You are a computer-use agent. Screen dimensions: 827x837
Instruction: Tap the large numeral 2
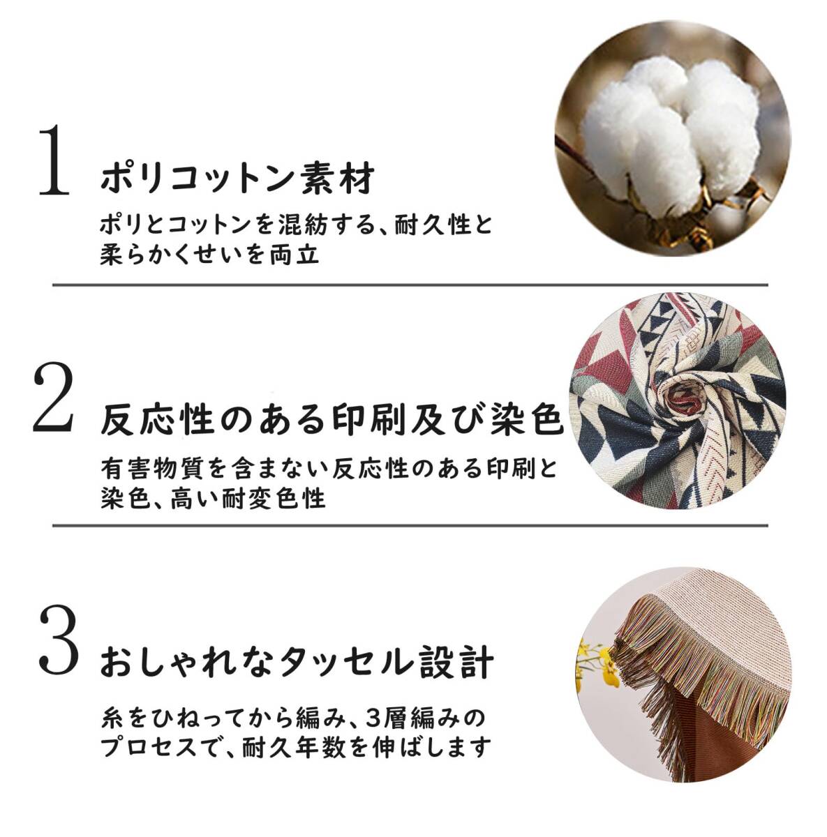pyautogui.click(x=53, y=397)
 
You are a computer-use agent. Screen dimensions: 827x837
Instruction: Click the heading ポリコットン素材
pyautogui.click(x=237, y=179)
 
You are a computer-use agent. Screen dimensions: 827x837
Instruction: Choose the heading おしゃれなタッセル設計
pyautogui.click(x=297, y=663)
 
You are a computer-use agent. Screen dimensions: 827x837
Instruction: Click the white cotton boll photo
pyautogui.click(x=673, y=138)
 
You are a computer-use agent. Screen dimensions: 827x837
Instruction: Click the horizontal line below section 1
pyautogui.click(x=410, y=285)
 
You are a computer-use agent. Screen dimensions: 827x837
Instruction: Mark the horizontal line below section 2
pyautogui.click(x=410, y=526)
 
